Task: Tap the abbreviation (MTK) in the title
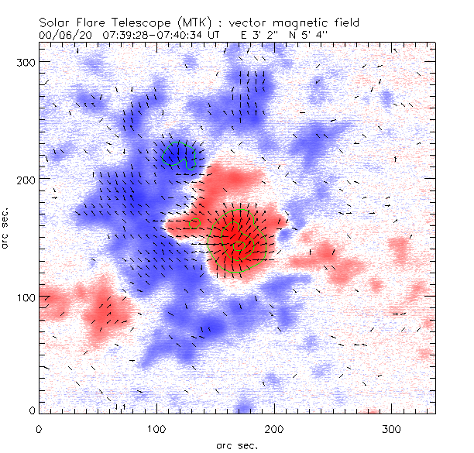click(201, 22)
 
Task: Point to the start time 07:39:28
click(115, 35)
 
